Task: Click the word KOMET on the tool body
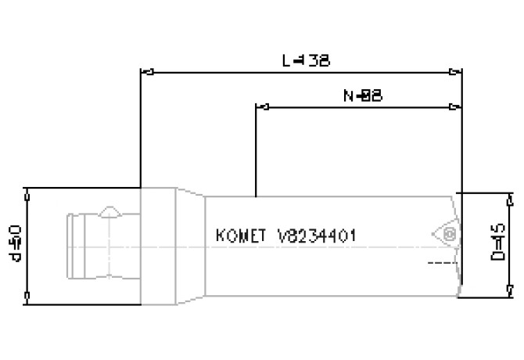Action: click(x=241, y=236)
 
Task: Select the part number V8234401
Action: click(x=319, y=236)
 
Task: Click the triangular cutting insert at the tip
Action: click(x=443, y=234)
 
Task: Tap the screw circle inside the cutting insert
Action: click(x=449, y=234)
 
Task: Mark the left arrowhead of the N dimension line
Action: click(x=261, y=106)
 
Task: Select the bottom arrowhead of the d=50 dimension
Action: click(x=27, y=296)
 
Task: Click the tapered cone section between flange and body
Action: click(x=192, y=244)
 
